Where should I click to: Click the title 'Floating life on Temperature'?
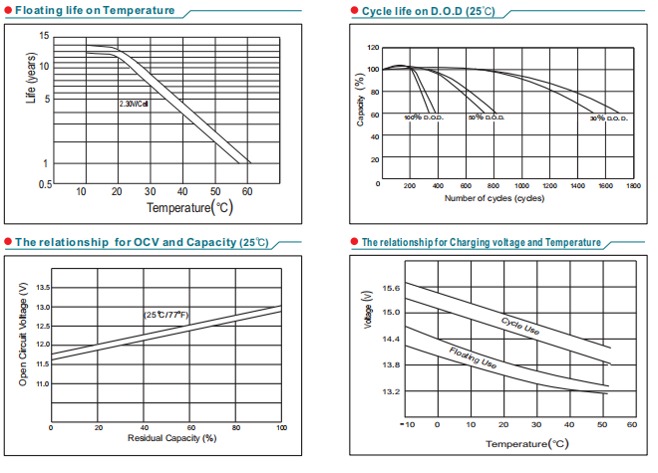[x=95, y=10]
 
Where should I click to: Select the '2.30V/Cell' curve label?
[x=134, y=104]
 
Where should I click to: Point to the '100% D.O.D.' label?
[x=423, y=118]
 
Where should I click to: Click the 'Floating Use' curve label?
[x=473, y=358]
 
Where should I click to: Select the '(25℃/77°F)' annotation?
[x=166, y=315]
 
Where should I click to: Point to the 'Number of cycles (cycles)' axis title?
[x=493, y=198]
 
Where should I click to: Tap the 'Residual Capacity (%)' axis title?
[x=171, y=438]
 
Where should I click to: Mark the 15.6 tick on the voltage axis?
[x=390, y=288]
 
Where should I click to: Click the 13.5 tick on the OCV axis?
[x=43, y=287]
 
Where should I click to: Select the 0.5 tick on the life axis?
[x=45, y=184]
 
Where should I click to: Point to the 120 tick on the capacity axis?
[x=373, y=48]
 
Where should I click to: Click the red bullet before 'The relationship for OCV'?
[x=8, y=242]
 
